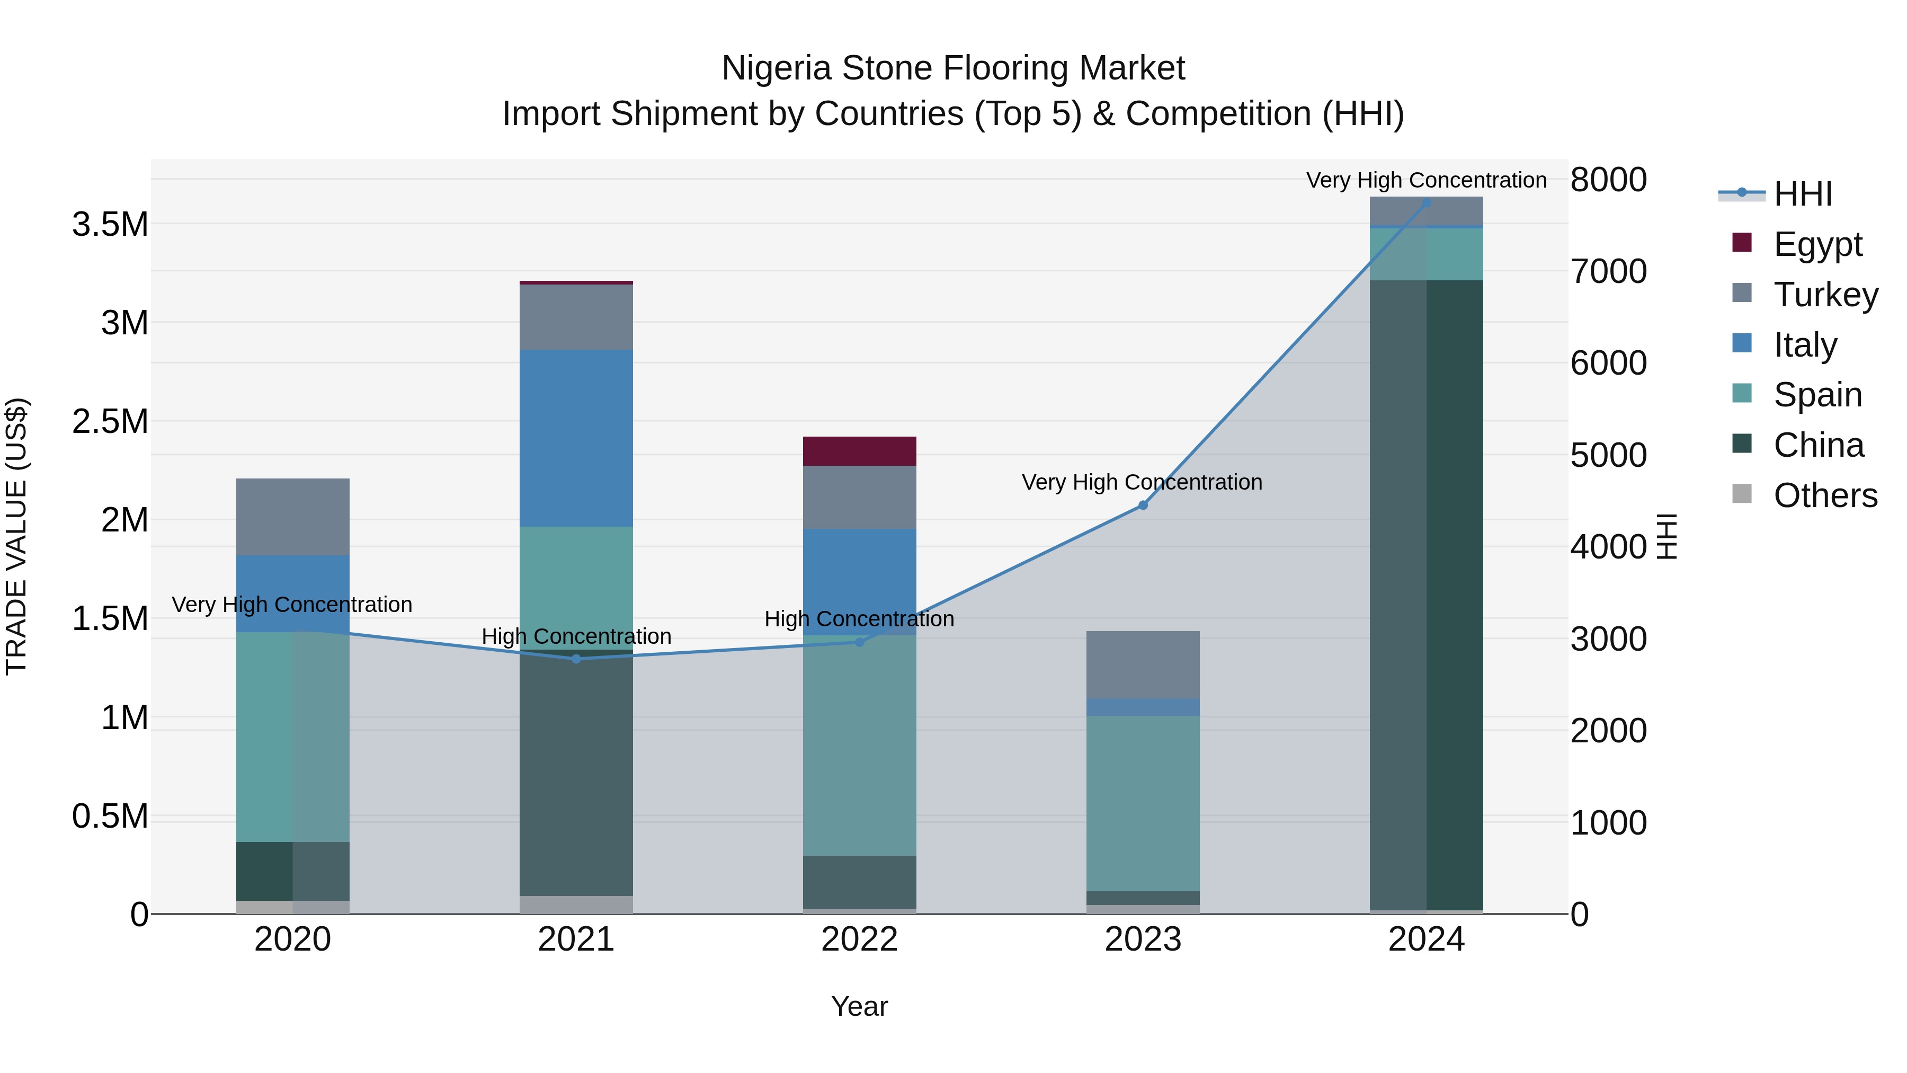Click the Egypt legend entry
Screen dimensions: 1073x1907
pyautogui.click(x=1817, y=244)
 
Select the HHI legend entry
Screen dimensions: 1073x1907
pyautogui.click(x=1803, y=194)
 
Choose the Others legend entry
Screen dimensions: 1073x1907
pyautogui.click(x=1825, y=495)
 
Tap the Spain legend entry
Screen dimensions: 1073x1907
pyautogui.click(x=1817, y=395)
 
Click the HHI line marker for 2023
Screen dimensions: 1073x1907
pyautogui.click(x=1143, y=505)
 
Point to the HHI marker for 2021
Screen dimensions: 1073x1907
pyautogui.click(x=576, y=658)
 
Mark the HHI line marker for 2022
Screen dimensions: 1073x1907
pyautogui.click(x=860, y=642)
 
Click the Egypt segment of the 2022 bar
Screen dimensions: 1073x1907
pyautogui.click(x=860, y=451)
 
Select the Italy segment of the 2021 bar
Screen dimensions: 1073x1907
pyautogui.click(x=576, y=438)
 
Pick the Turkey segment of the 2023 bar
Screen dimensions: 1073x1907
pyautogui.click(x=1143, y=664)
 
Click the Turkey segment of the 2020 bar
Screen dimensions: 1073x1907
pyautogui.click(x=292, y=517)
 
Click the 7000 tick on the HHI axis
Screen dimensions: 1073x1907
pyautogui.click(x=1608, y=271)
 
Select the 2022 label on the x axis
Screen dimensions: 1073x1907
pyautogui.click(x=860, y=939)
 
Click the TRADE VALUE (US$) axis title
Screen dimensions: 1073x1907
pyautogui.click(x=17, y=536)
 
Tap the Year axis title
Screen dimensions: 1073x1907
pyautogui.click(x=860, y=1006)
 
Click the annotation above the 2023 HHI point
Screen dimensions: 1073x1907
pyautogui.click(x=1142, y=482)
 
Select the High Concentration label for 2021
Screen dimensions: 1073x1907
pyautogui.click(x=576, y=636)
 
